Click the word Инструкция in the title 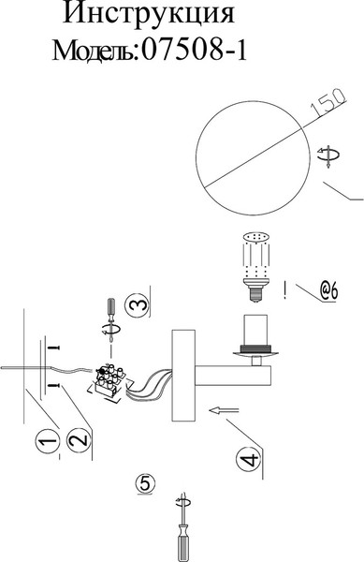point(149,14)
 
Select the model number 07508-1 point(195,51)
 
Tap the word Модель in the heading point(94,51)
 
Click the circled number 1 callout point(48,442)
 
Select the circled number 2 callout point(79,440)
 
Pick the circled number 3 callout point(137,304)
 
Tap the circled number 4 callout point(248,458)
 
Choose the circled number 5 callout point(146,483)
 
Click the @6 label point(328,291)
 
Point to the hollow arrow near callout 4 point(224,410)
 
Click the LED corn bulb point(255,267)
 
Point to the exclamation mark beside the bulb point(284,290)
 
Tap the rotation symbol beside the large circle point(328,155)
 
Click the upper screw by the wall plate point(53,348)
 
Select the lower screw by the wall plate point(53,385)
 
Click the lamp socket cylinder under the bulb point(255,329)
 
